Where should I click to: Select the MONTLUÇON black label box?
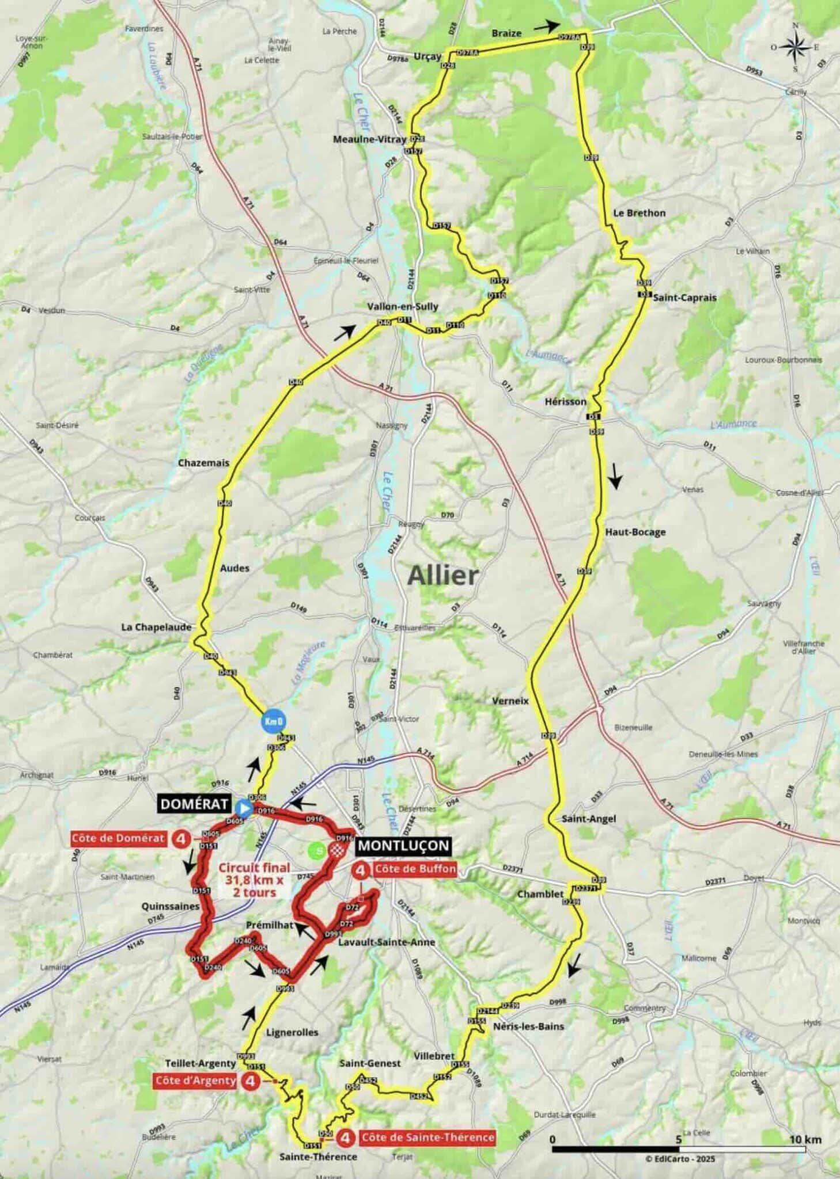pos(403,845)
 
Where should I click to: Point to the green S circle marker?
pos(316,850)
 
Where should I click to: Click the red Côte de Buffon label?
pos(415,869)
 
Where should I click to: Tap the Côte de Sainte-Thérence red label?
pos(427,1137)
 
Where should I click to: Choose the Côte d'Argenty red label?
pos(195,1081)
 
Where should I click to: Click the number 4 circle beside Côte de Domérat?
pos(181,838)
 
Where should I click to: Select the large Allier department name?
pos(443,575)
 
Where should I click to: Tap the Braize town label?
pos(506,33)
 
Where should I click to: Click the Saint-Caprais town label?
pos(684,298)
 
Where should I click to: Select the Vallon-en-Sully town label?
pos(403,306)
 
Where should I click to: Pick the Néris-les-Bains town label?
pos(529,1026)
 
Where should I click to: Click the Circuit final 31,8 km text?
pos(254,880)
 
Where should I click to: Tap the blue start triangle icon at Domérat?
pos(244,808)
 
